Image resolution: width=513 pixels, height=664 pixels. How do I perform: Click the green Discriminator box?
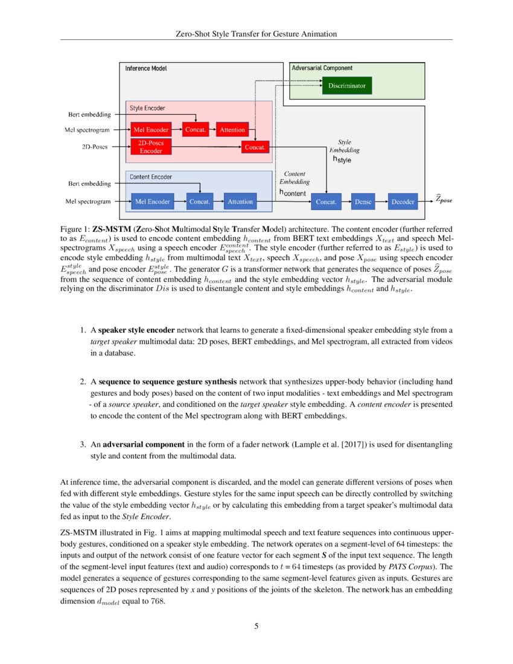tap(346, 86)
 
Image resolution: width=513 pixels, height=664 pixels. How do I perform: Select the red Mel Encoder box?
tap(148, 130)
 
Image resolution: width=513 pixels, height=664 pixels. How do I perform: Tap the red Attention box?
tap(232, 130)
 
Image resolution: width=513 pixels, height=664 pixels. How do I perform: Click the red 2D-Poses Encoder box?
tap(151, 147)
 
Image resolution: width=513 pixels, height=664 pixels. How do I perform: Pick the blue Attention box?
tap(240, 202)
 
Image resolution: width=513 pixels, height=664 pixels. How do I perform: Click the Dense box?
tap(363, 202)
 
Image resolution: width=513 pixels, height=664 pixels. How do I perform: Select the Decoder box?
tap(403, 202)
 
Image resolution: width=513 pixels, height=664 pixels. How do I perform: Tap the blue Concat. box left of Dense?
tap(327, 202)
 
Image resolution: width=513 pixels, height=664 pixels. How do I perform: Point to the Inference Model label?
tap(146, 69)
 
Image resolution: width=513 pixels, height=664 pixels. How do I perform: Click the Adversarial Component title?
tap(322, 68)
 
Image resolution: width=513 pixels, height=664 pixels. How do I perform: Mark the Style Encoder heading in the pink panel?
tap(147, 108)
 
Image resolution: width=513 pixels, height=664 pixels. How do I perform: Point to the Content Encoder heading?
tap(151, 177)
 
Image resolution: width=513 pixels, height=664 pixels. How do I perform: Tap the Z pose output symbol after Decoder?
tap(444, 200)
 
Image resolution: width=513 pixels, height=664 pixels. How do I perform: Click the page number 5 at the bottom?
tap(256, 626)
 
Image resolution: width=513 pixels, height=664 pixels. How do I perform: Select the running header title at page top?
tap(256, 34)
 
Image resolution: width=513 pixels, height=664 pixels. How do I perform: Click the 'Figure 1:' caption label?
tap(75, 229)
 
